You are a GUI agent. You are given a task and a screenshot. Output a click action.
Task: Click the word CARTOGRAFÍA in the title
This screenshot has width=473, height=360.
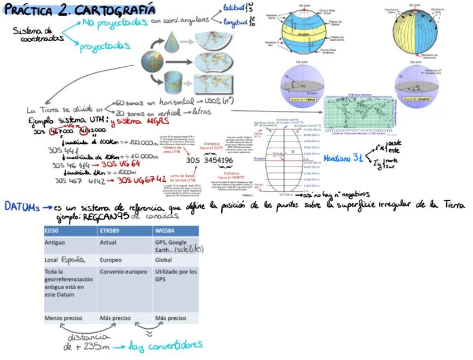coord(115,10)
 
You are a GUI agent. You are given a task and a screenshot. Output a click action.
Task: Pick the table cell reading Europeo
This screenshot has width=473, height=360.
coord(112,260)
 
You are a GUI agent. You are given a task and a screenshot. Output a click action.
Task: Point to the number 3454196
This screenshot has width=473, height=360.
coord(218,161)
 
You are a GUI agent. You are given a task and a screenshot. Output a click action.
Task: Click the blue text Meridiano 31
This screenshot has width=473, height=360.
coord(344,158)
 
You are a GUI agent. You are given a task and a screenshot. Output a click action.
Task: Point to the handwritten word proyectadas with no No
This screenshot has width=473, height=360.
coord(105,46)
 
